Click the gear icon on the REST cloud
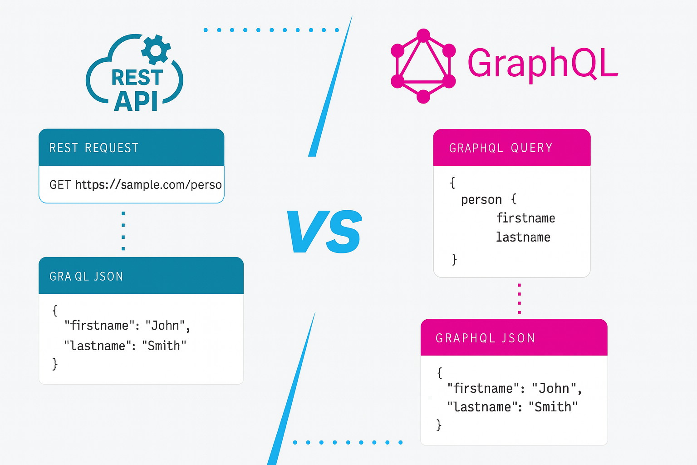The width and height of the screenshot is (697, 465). coord(156,50)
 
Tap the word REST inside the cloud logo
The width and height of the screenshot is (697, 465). coord(137,78)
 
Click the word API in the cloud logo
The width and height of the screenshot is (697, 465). coord(136,101)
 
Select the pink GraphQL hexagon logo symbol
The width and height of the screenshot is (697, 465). coord(423,66)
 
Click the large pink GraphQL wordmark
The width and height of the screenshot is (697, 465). coord(543,64)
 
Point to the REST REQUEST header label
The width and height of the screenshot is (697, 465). coord(94,148)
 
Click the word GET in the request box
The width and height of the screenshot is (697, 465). coord(60,185)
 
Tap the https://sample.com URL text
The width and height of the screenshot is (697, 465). coord(148,185)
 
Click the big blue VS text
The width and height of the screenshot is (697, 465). coord(324,231)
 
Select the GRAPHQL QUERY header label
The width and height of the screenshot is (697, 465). coord(501,148)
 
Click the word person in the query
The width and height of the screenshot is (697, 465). coord(481,200)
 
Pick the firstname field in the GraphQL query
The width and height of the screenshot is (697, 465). coord(526,218)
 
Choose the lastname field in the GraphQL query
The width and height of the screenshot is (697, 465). coord(523,237)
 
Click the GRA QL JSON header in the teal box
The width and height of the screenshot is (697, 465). coord(86,277)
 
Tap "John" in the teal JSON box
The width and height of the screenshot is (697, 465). coord(165,326)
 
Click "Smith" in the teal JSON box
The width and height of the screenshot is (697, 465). coord(164,346)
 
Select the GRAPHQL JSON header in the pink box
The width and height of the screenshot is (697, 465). coord(485,338)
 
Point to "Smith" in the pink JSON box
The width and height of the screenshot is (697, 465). coord(553,407)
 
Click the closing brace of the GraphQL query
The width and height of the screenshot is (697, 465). coord(454,259)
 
